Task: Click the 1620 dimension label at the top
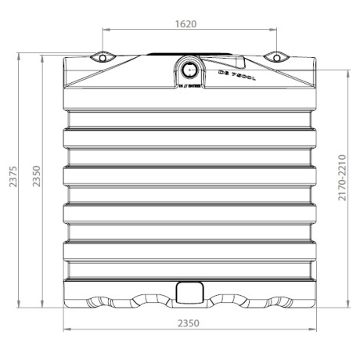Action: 185,23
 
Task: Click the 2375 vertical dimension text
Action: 10,181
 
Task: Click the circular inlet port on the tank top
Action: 189,68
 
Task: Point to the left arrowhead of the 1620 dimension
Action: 106,31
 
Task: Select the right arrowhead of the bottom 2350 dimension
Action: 315,329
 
